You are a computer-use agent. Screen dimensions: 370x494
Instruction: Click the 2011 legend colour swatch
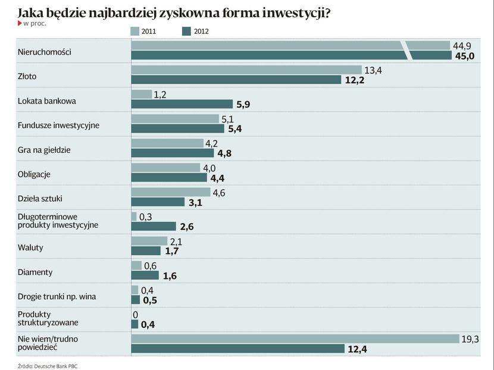pyautogui.click(x=135, y=31)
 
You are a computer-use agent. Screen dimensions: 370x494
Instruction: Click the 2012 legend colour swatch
pyautogui.click(x=186, y=31)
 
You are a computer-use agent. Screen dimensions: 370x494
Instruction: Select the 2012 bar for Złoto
pyautogui.click(x=236, y=80)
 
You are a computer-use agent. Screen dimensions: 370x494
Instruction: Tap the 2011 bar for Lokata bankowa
pyautogui.click(x=142, y=94)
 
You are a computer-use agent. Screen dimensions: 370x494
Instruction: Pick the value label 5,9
pyautogui.click(x=243, y=104)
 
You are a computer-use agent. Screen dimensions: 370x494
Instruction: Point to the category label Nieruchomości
pyautogui.click(x=45, y=52)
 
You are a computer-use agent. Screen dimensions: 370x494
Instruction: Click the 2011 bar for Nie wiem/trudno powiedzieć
pyautogui.click(x=295, y=338)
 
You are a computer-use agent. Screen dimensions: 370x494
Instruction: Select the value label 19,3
pyautogui.click(x=470, y=338)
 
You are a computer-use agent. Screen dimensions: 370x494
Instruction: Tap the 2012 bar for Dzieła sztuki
pyautogui.click(x=158, y=202)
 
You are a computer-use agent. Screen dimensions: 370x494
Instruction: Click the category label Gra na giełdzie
pyautogui.click(x=44, y=150)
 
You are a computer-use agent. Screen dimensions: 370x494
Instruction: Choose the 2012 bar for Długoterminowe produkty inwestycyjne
pyautogui.click(x=154, y=227)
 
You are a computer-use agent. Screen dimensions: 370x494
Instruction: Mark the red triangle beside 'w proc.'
pyautogui.click(x=19, y=23)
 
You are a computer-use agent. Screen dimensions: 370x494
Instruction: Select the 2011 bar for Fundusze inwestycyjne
pyautogui.click(x=175, y=118)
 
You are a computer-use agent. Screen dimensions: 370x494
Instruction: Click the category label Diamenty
pyautogui.click(x=35, y=272)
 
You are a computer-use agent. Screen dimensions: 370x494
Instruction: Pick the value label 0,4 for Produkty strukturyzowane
pyautogui.click(x=148, y=324)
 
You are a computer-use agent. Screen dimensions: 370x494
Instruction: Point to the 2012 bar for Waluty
pyautogui.click(x=146, y=251)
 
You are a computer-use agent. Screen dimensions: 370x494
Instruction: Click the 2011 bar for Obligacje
pyautogui.click(x=165, y=167)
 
